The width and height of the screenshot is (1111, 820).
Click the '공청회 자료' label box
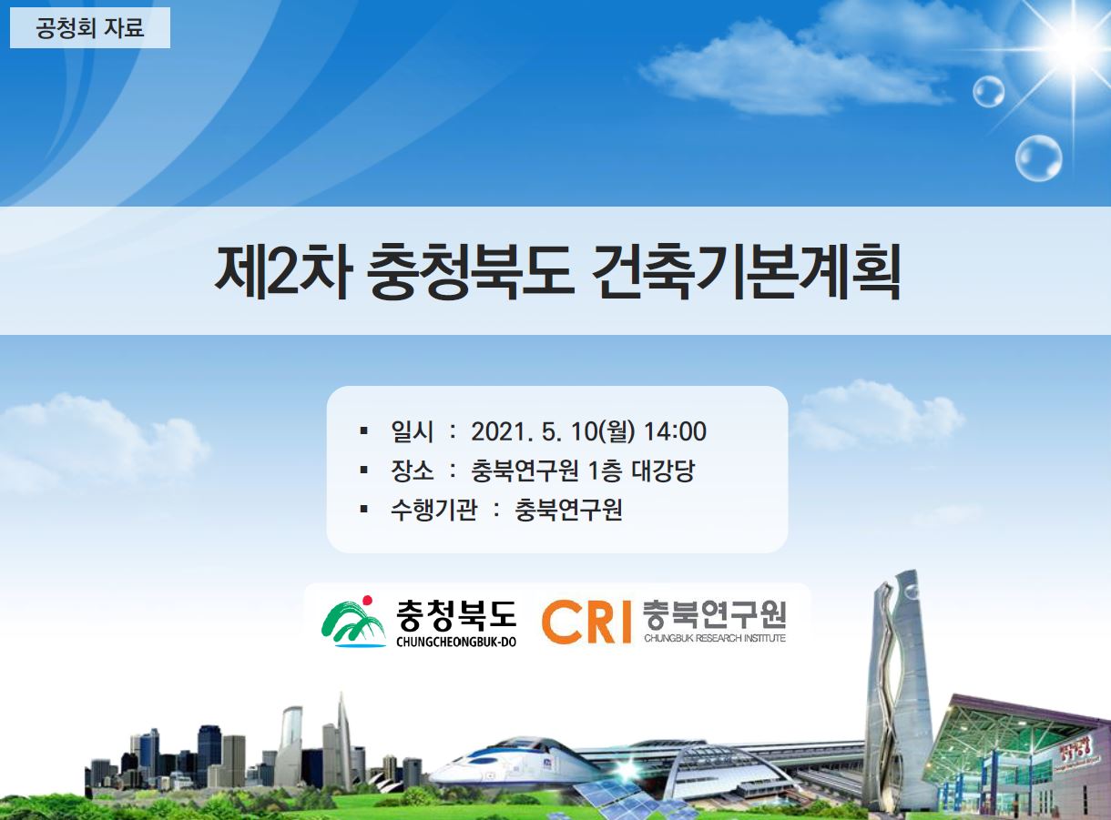coord(90,27)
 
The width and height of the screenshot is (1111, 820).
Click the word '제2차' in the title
coord(283,273)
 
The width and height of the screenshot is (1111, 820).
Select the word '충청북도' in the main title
coord(470,273)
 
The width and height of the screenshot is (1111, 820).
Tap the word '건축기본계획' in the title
coord(745,273)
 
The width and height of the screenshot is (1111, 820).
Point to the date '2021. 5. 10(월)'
coord(554,431)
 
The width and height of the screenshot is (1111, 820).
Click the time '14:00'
coord(675,431)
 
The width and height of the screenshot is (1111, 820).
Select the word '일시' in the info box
coord(413,431)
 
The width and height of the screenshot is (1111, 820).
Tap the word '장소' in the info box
coord(413,471)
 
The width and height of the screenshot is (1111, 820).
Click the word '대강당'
coord(663,471)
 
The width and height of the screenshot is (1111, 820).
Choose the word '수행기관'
coord(433,511)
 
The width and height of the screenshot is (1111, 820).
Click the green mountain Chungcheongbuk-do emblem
coord(353,622)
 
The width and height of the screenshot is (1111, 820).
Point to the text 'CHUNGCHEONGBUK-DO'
coord(456,643)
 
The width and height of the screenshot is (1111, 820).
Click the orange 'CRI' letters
coord(586,623)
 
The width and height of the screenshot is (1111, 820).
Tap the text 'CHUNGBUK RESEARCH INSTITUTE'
coord(715,638)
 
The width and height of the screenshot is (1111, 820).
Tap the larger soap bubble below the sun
coord(1038,158)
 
